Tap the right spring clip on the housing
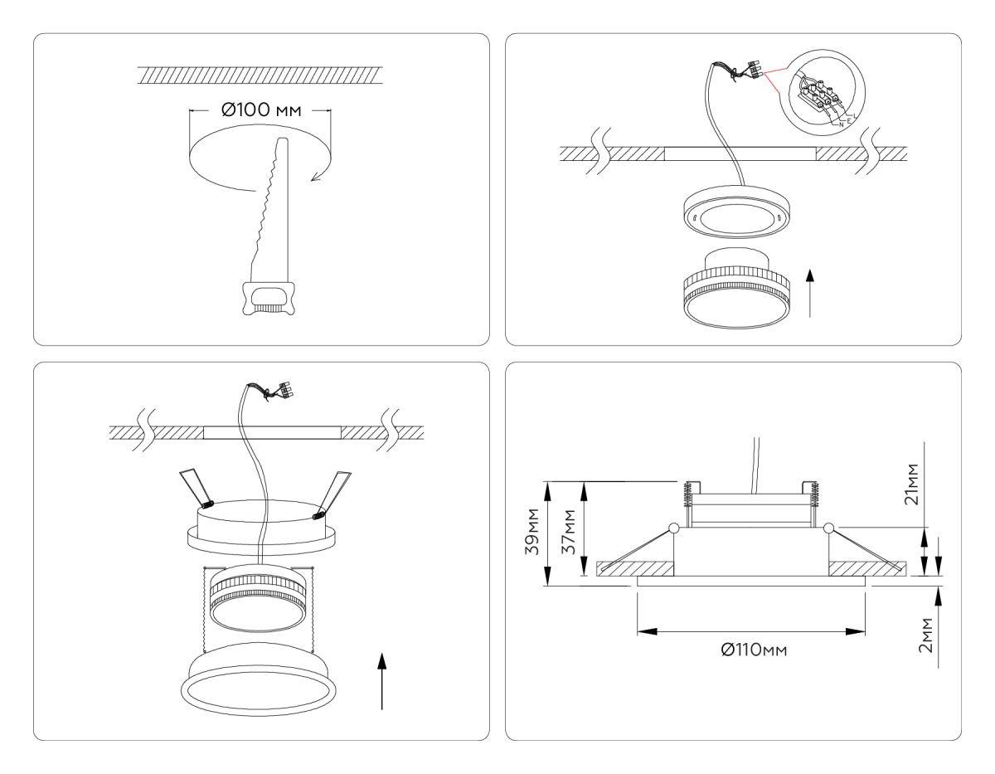tap(332, 496)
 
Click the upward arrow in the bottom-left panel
tap(381, 680)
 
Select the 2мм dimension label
tap(927, 635)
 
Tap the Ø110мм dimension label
tap(753, 650)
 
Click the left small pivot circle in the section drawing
tap(673, 528)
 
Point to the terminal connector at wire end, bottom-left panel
tap(285, 390)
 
